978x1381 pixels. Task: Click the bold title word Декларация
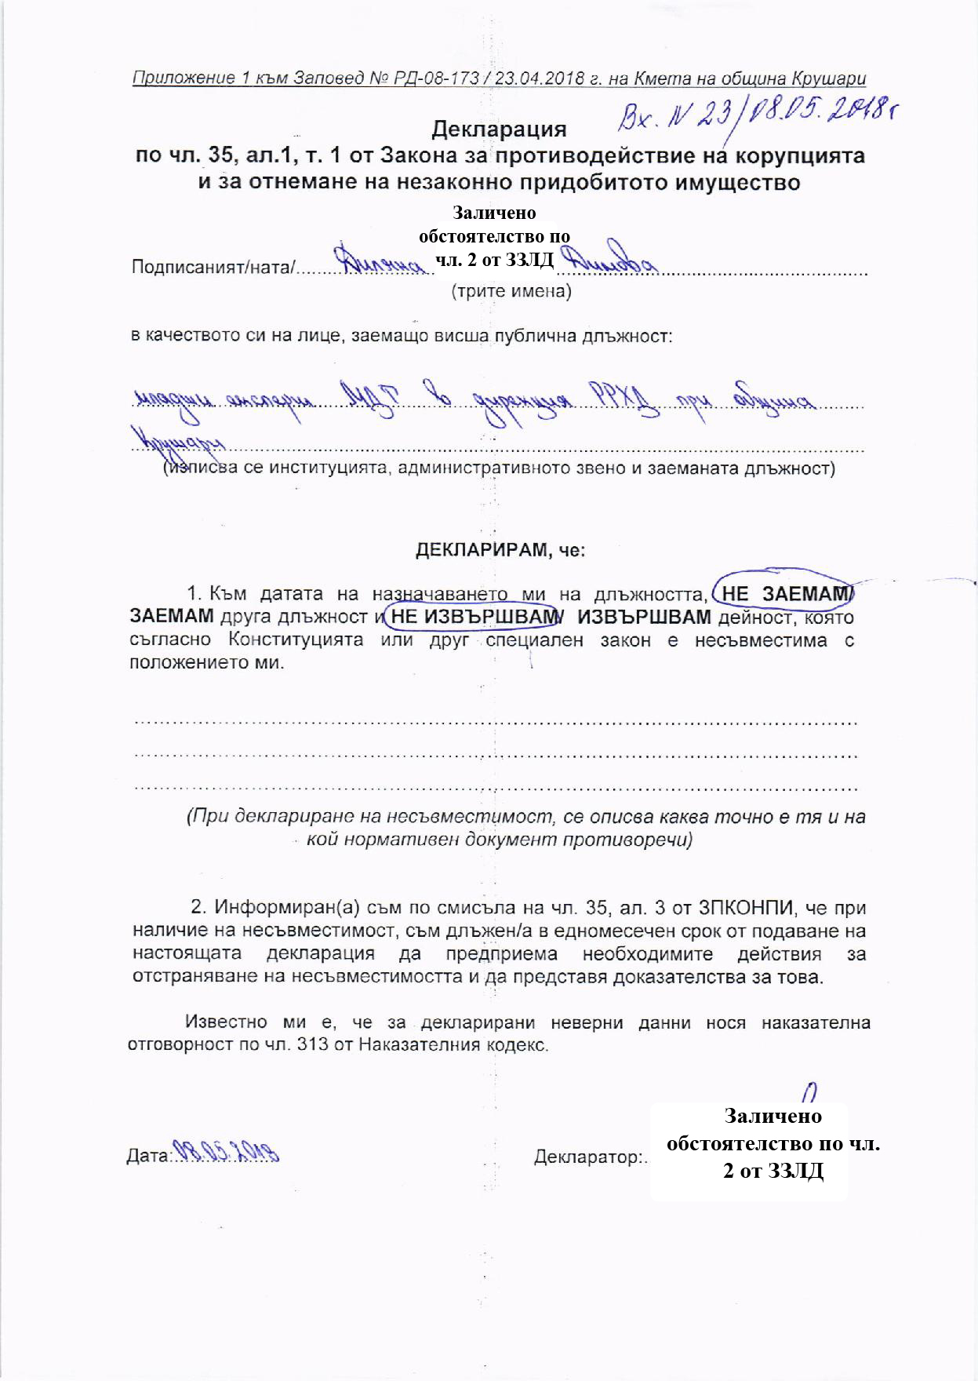499,128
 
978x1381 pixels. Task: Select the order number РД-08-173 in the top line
432,78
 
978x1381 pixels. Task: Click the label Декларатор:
590,1157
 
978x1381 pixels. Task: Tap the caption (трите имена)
511,292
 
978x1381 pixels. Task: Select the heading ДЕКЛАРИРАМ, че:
500,550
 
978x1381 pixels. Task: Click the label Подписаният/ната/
214,268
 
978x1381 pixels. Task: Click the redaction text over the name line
494,236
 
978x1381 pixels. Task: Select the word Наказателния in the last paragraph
418,1046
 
